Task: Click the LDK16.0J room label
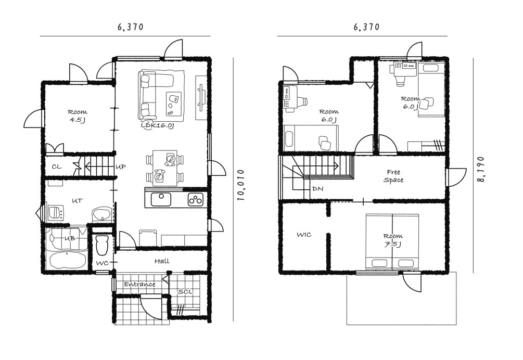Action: [x=158, y=126]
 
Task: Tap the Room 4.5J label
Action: [x=78, y=116]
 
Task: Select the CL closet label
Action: [x=57, y=166]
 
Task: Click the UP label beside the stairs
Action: [x=121, y=166]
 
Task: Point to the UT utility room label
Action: [x=78, y=201]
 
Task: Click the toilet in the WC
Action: [x=102, y=246]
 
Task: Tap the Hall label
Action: [x=162, y=261]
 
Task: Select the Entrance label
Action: [x=140, y=285]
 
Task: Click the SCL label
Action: [x=185, y=292]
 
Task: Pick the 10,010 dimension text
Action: [x=241, y=185]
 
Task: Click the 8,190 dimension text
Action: [x=481, y=169]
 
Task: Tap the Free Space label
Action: [x=393, y=176]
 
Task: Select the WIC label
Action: [x=304, y=235]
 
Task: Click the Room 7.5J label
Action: [x=393, y=240]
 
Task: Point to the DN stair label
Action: [x=317, y=189]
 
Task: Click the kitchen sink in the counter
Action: [x=161, y=199]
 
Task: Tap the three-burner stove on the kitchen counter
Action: [x=196, y=199]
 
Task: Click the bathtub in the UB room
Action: [x=67, y=259]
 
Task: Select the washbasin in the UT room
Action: [x=101, y=214]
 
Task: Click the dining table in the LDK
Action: [x=165, y=168]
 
